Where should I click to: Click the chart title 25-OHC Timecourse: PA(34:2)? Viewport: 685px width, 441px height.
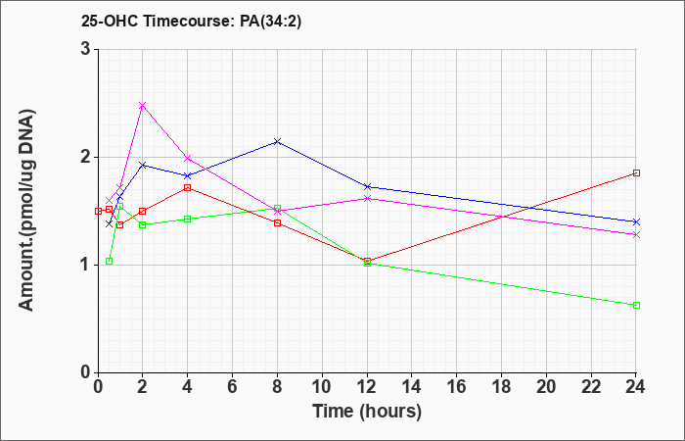(192, 21)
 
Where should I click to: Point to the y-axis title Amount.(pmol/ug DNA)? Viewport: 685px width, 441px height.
(26, 210)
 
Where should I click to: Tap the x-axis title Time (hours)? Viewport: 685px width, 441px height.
(367, 412)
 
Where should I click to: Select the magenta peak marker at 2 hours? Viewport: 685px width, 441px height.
(142, 106)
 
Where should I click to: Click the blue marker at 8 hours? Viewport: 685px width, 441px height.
(277, 142)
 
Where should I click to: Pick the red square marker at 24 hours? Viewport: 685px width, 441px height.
(636, 172)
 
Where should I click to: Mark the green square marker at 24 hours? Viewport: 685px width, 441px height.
(636, 305)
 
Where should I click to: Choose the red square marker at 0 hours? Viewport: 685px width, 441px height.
(98, 211)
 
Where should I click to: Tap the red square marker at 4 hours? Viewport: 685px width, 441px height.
(188, 188)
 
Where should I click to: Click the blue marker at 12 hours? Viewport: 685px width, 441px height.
(367, 187)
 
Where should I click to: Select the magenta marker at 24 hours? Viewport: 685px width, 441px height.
(636, 235)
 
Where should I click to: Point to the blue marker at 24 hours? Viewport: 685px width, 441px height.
(636, 221)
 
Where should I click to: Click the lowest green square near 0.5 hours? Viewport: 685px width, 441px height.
(110, 262)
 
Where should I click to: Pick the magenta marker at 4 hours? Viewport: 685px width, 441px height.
(188, 158)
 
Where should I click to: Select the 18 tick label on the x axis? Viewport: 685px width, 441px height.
(501, 387)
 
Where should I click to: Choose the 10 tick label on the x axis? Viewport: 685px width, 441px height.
(322, 387)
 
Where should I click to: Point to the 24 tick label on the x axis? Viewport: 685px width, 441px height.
(636, 387)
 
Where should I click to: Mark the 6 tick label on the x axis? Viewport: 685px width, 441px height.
(232, 387)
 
